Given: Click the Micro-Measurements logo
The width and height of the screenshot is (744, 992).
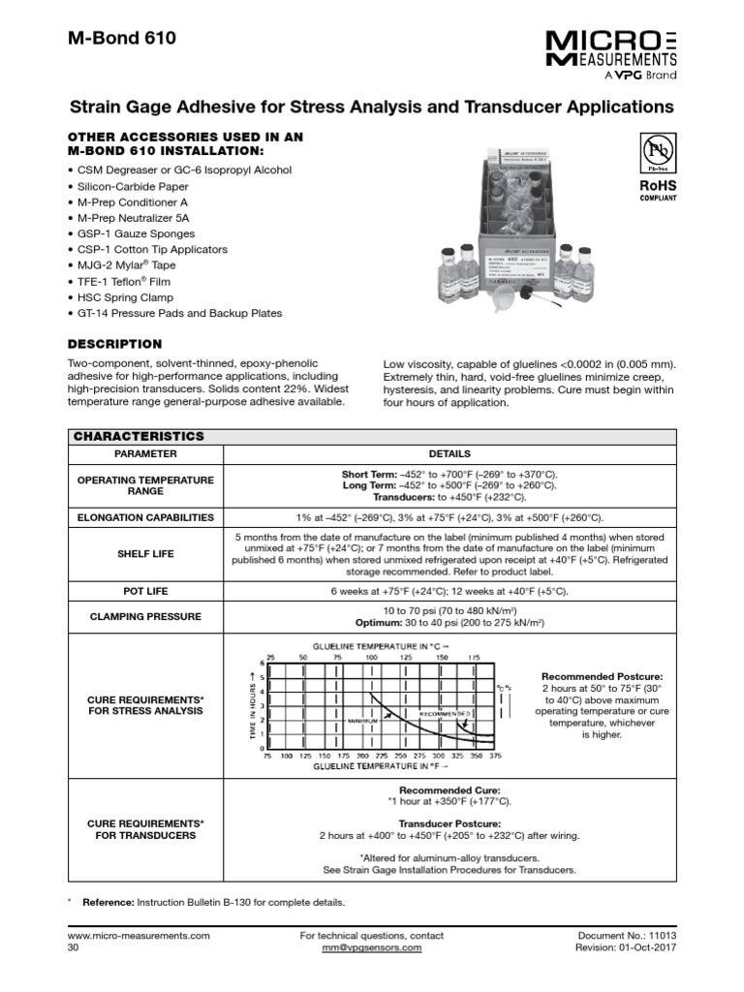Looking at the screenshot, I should point(609,54).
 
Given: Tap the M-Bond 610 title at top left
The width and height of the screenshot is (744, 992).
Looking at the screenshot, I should point(123,41).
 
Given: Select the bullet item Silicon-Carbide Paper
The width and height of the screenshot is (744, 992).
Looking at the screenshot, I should point(130,186).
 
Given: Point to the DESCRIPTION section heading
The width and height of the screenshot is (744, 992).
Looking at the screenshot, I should point(114,344).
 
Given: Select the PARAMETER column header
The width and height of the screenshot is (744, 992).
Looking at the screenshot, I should point(145,453).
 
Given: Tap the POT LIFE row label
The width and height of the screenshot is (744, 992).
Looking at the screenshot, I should point(145,591).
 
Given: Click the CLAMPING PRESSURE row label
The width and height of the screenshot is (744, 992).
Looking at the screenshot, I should point(145,616).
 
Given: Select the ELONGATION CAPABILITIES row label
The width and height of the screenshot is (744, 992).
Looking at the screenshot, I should point(145,517).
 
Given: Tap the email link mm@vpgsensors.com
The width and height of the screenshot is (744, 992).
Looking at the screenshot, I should point(373,947).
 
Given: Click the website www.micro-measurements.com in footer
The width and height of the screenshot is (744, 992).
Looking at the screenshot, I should point(139,936).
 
